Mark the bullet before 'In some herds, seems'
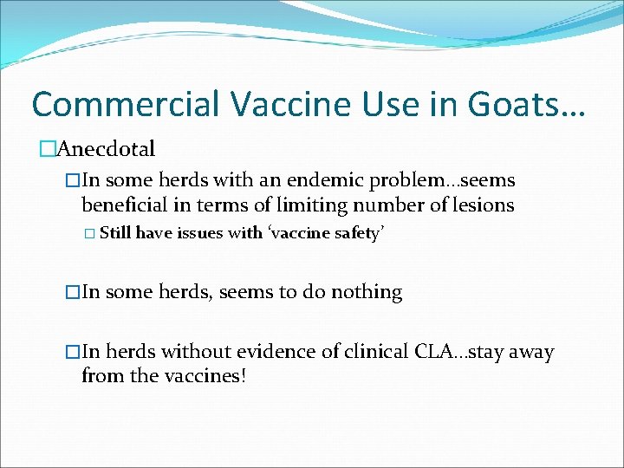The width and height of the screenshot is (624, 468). coord(73,293)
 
